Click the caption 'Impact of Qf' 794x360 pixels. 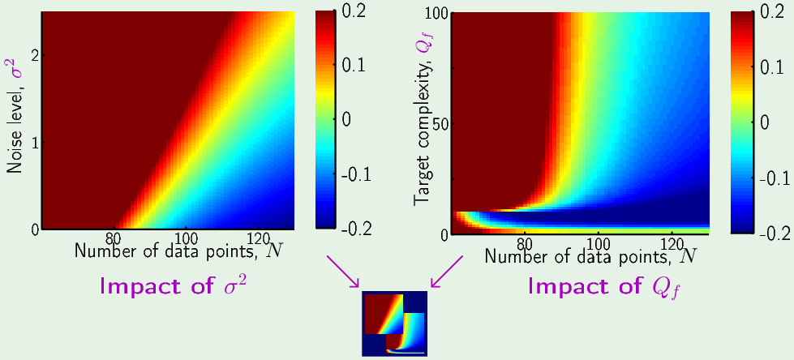point(603,287)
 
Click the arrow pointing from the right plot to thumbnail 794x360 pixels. point(447,270)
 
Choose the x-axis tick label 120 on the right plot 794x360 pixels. point(672,242)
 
